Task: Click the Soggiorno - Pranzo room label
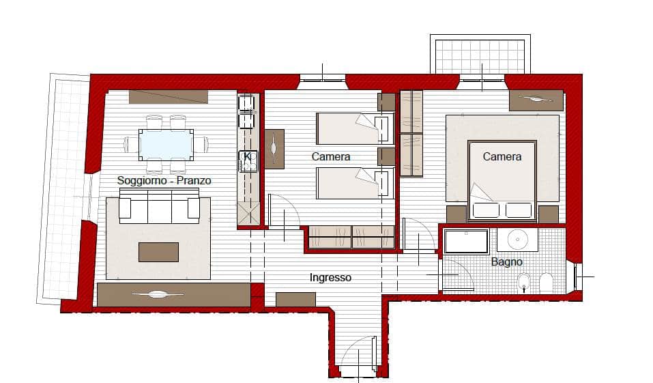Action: tap(164, 180)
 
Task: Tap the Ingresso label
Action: tap(330, 278)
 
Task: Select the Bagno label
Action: tap(506, 261)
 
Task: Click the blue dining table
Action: tap(166, 145)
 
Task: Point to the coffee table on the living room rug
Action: tap(159, 252)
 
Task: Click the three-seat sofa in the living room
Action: tap(159, 206)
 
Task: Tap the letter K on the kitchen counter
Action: tap(248, 157)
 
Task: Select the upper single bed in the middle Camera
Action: tap(355, 128)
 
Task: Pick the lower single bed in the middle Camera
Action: tap(355, 183)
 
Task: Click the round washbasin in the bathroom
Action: tap(518, 240)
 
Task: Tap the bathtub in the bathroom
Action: tap(466, 241)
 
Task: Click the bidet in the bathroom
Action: tap(523, 283)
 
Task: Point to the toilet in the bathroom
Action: tap(546, 283)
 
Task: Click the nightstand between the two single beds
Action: tap(386, 156)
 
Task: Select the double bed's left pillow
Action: tap(486, 210)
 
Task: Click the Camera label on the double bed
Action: tap(502, 157)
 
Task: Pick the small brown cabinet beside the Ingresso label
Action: tap(295, 299)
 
